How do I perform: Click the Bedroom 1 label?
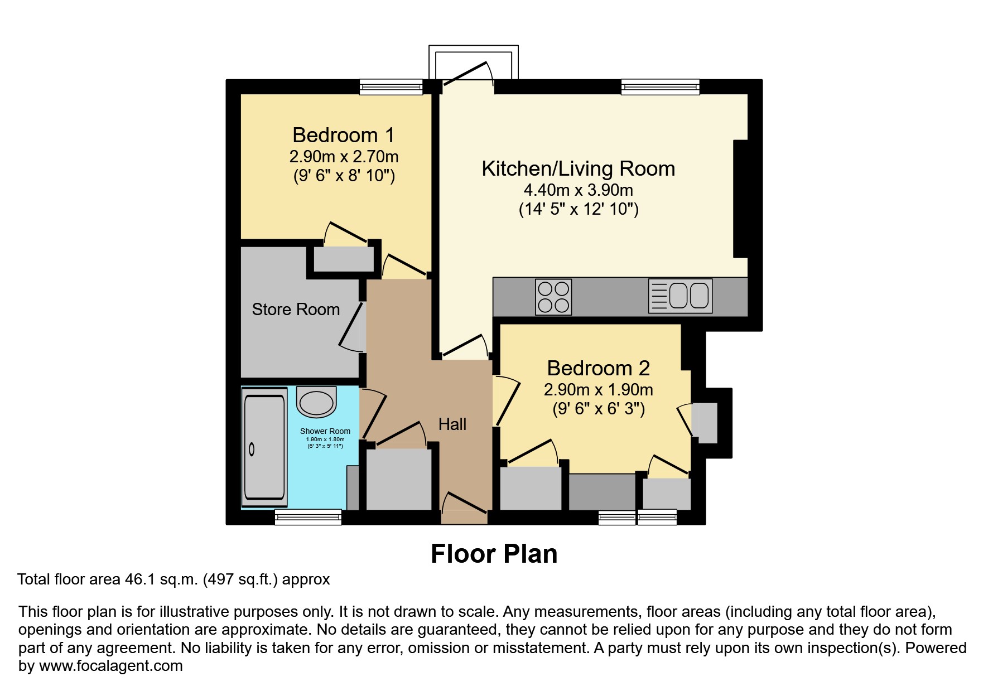[343, 136]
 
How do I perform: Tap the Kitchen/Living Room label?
[578, 169]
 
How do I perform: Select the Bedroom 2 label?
[598, 369]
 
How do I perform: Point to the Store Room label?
[296, 310]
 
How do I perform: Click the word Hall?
[452, 424]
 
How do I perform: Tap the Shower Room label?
[325, 431]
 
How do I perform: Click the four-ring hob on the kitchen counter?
[553, 297]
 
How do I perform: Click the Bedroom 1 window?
[391, 86]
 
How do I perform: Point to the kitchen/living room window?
[660, 86]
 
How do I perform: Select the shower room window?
[308, 518]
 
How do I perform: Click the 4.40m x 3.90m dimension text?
[578, 190]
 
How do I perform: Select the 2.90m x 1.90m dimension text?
[598, 390]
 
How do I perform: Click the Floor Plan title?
[494, 554]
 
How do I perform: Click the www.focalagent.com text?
[110, 666]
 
